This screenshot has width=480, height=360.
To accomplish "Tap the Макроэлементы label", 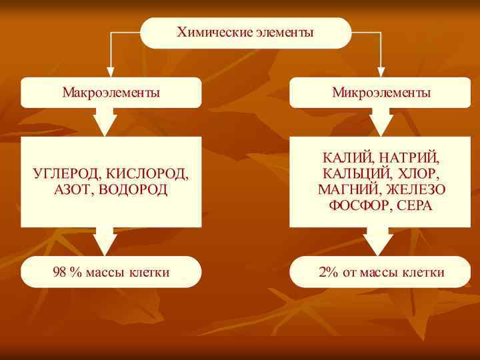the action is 111,93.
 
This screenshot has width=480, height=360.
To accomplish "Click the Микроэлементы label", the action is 381,93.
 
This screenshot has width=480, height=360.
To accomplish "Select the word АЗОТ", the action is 72,191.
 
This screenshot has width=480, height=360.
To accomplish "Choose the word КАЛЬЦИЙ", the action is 354,174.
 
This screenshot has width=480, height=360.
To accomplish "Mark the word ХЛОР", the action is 417,174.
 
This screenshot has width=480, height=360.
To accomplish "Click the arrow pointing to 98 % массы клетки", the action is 105,241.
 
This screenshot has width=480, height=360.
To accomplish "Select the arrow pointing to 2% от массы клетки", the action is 379,241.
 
